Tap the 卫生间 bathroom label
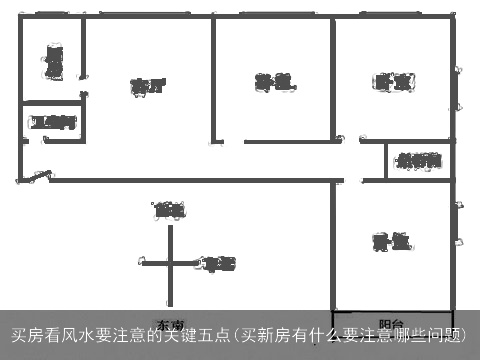[53, 123]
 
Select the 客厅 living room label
[147, 86]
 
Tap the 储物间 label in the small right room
[419, 161]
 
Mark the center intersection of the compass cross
[170, 264]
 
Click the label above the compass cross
[169, 210]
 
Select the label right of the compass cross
[219, 264]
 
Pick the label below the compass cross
[169, 324]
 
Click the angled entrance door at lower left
[40, 177]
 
